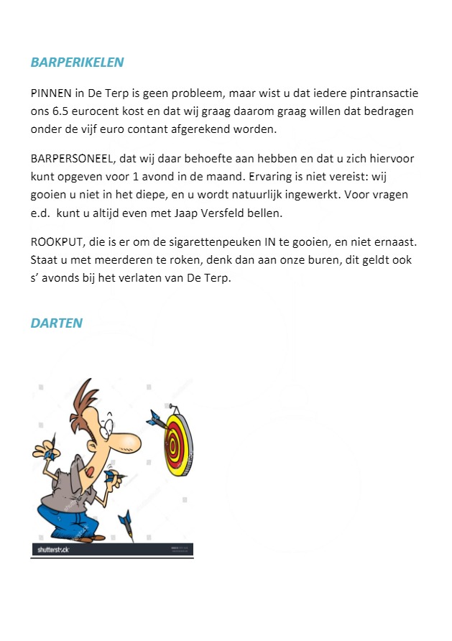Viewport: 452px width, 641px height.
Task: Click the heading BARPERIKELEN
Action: [77, 63]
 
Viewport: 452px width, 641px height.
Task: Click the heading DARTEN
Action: [56, 323]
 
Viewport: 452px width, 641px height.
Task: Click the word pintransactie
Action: [382, 94]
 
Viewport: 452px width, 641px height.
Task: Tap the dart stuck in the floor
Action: [128, 525]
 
